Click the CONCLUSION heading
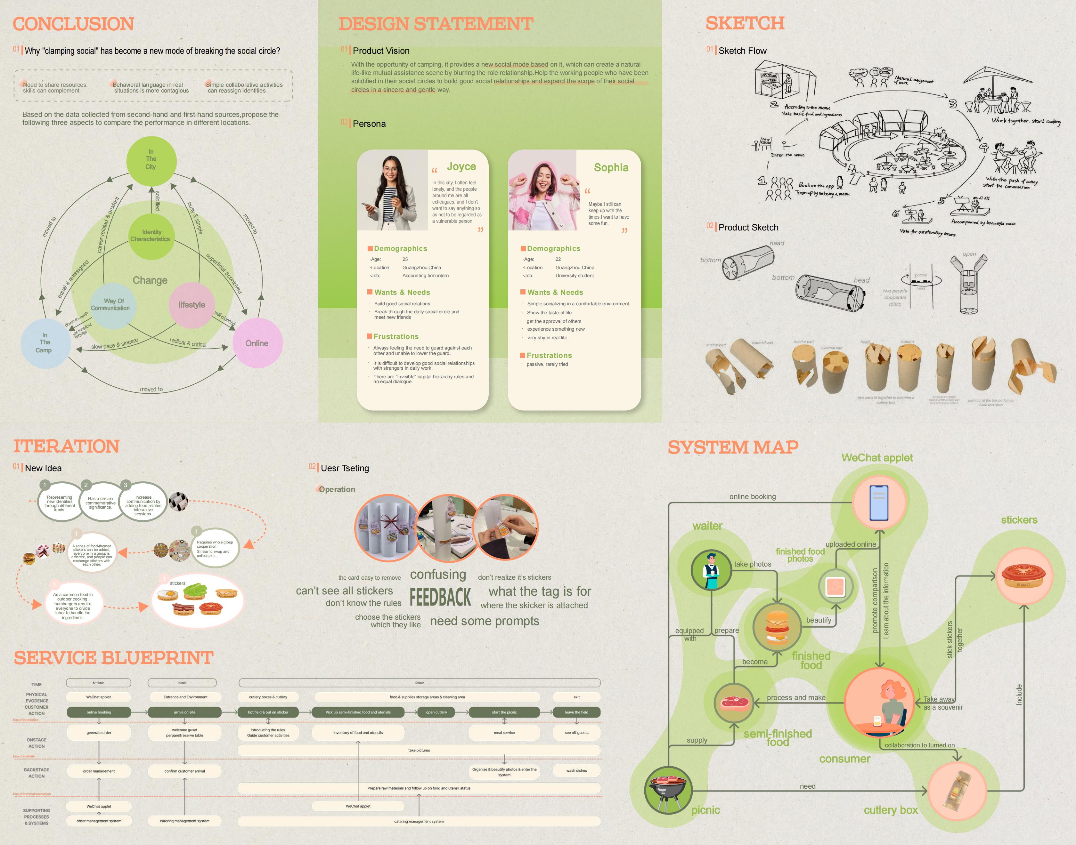pos(73,24)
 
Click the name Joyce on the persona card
pos(461,167)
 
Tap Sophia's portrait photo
pos(543,190)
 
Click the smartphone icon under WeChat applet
pos(879,503)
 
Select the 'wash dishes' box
pos(577,771)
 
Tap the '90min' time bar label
pos(419,683)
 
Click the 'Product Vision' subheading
pos(381,51)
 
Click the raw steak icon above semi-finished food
pos(734,703)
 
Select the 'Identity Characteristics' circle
pos(151,236)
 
